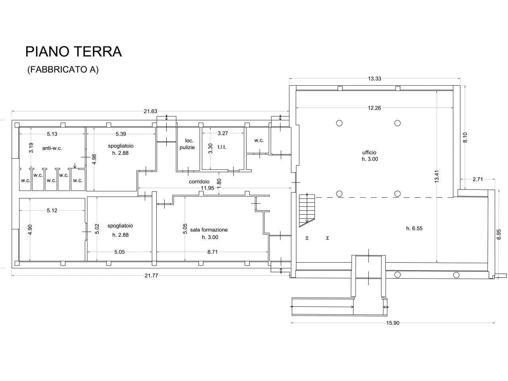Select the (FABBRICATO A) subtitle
tap(63, 69)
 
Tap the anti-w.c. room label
tap(52, 148)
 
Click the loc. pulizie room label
tap(187, 144)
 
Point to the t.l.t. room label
tap(222, 147)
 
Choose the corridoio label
tap(199, 182)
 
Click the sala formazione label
tap(209, 230)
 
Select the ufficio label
tap(369, 152)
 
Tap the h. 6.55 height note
tap(414, 228)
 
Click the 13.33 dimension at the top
tap(375, 79)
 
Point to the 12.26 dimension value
tap(374, 108)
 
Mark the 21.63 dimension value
tap(150, 111)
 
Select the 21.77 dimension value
tap(151, 275)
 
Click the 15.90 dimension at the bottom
tap(393, 323)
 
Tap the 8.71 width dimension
tap(212, 252)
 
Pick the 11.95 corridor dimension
tap(207, 188)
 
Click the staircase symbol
tap(307, 210)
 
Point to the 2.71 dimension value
tap(478, 179)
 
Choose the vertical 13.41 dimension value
tap(437, 177)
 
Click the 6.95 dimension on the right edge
tap(499, 234)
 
